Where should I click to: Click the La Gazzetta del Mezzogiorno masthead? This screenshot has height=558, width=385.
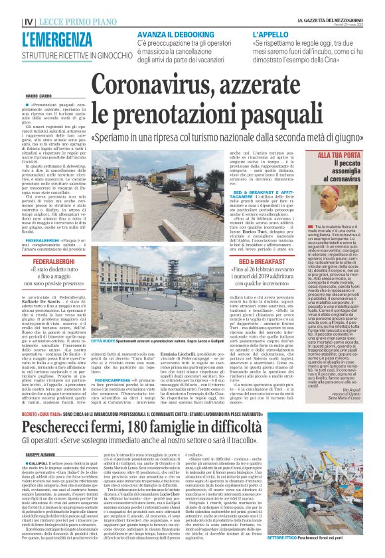(339, 6)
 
